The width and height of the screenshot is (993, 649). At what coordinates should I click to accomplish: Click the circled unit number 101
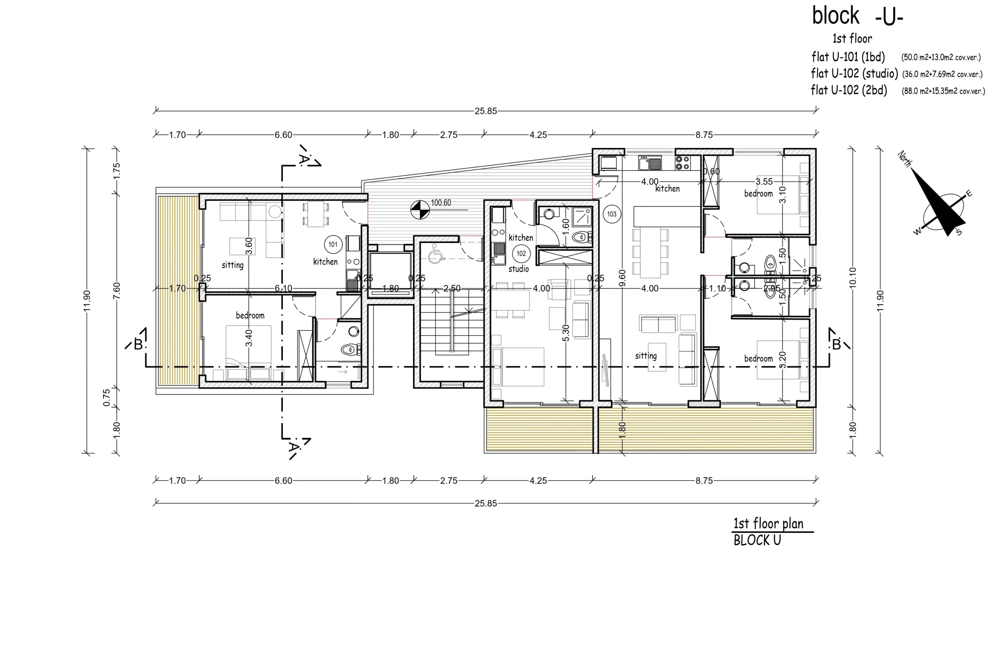point(333,244)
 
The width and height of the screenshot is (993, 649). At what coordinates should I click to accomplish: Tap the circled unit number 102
point(521,253)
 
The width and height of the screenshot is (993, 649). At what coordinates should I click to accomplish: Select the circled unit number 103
point(612,214)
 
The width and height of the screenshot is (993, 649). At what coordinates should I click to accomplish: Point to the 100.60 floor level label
point(441,203)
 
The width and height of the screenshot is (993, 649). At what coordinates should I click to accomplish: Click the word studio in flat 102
point(519,269)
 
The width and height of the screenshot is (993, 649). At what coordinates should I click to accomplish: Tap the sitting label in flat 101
point(232,265)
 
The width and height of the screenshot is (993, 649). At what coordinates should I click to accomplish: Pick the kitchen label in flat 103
point(668,188)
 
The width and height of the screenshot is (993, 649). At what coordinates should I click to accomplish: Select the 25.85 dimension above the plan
point(486,111)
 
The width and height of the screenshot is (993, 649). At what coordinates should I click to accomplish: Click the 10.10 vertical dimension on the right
point(853,277)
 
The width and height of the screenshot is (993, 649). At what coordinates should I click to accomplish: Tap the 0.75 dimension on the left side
point(106,397)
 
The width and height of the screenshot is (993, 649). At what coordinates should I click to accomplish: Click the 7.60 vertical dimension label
point(117,290)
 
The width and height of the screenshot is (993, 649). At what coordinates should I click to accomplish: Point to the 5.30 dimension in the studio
point(566,333)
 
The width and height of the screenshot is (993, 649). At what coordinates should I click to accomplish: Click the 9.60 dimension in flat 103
point(622,278)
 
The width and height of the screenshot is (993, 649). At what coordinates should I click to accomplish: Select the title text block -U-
point(857,17)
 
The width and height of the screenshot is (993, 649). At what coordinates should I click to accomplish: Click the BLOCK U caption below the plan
point(757,540)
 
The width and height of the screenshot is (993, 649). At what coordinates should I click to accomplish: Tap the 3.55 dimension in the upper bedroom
point(764,182)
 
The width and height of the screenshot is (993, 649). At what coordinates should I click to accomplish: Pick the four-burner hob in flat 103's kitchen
point(682,162)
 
